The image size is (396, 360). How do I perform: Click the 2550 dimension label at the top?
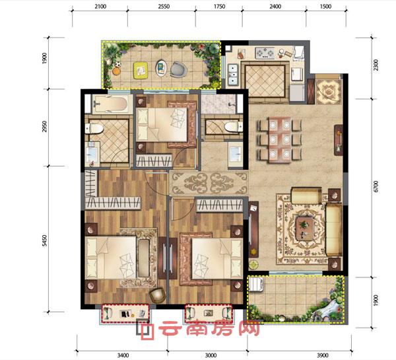coord(164,7)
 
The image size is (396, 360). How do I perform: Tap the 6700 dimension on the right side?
coord(376,186)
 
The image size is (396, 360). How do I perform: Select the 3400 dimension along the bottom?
coord(123,355)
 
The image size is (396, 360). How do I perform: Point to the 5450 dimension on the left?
coord(44,240)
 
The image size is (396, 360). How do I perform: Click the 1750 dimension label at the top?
coord(220,7)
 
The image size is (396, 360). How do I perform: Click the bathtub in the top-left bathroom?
coord(110,104)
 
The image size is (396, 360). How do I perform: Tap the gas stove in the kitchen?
coord(265,54)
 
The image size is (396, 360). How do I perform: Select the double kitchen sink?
coord(233,74)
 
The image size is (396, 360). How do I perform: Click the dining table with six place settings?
coord(279,139)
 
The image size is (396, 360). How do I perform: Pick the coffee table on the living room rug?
coord(306,229)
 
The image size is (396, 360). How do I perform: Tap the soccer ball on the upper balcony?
coord(117,64)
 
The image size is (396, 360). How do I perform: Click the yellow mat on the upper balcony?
coord(141,70)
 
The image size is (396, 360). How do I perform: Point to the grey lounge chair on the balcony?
coord(178,69)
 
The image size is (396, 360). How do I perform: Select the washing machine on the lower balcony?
coord(257,284)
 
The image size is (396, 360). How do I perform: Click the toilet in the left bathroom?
coord(94,128)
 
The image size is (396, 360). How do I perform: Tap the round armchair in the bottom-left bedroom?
coord(157,295)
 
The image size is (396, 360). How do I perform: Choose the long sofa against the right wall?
coord(334,231)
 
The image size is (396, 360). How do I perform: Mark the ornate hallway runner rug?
coord(209,183)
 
